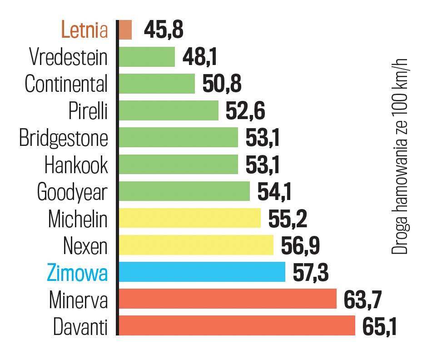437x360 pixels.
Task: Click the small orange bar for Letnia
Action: point(125,30)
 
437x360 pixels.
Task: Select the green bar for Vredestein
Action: point(146,57)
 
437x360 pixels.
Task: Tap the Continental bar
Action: point(156,84)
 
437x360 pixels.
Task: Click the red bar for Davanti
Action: point(236,326)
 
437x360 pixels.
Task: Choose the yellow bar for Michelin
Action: point(189,219)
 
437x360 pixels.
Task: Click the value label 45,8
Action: point(164,30)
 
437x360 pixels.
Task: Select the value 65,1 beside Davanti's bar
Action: point(379,326)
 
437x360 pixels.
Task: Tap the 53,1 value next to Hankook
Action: point(263,165)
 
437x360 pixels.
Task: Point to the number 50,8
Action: point(222,84)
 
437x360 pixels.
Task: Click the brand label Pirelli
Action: point(88,111)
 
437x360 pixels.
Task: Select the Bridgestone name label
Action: point(64,138)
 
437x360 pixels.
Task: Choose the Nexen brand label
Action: point(85,246)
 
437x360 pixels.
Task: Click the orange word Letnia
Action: point(84,30)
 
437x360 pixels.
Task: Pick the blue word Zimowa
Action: point(77,273)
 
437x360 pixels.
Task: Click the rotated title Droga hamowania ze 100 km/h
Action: point(401,157)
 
